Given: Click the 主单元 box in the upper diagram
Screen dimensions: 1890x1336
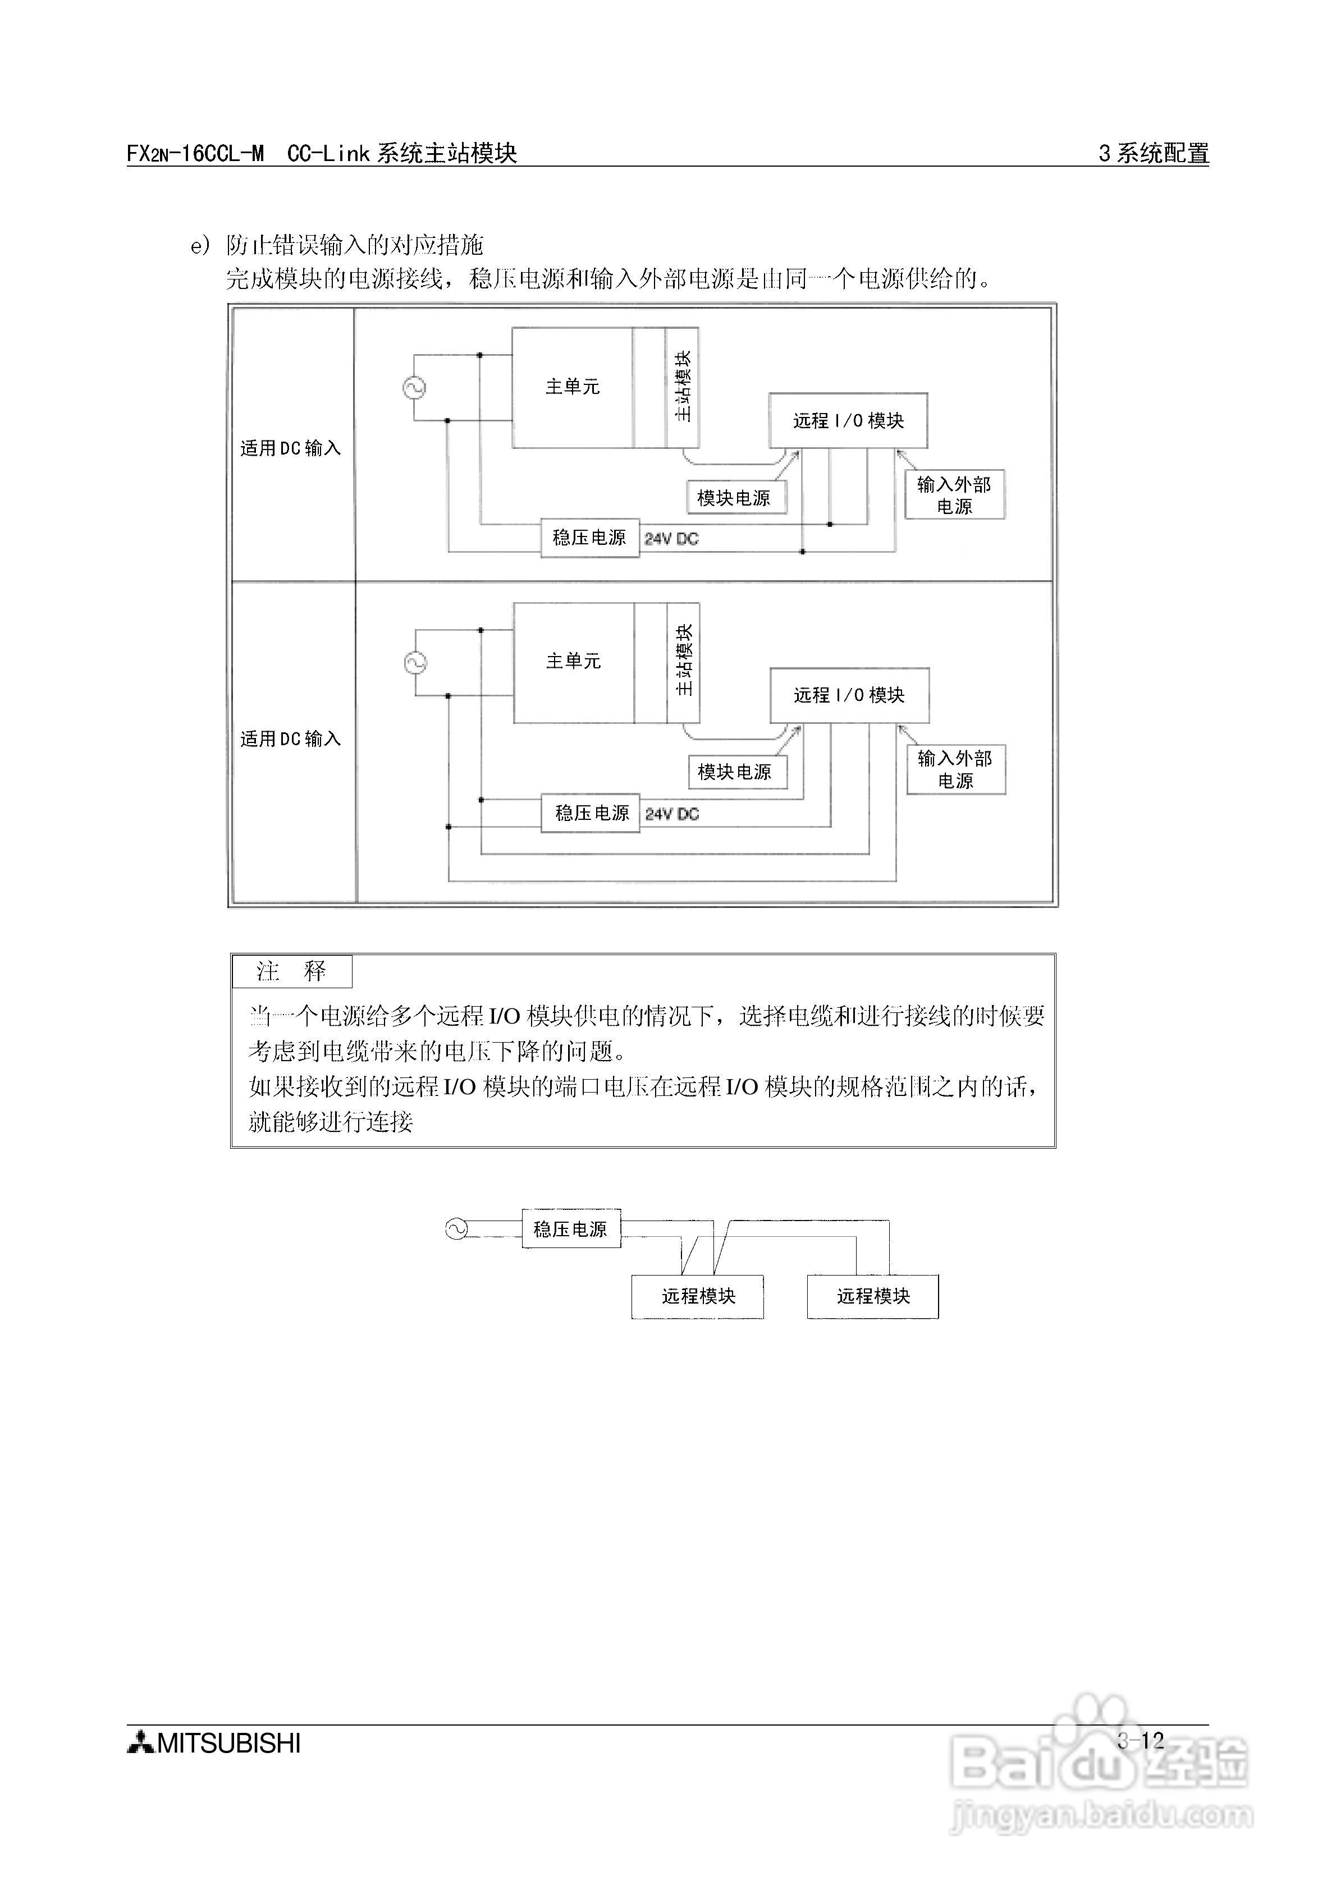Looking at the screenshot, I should click(573, 387).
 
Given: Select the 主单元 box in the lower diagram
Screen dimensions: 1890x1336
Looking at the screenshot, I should click(573, 662).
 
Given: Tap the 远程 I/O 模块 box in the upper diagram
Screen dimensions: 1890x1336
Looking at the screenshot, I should click(848, 421).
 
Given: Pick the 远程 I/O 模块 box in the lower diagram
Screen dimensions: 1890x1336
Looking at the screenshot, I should click(849, 696).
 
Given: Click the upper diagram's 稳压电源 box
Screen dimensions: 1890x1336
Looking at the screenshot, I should click(590, 538).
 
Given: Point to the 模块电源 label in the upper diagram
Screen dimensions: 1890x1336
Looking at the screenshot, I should click(734, 498).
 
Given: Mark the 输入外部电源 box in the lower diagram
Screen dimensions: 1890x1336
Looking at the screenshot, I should click(955, 770).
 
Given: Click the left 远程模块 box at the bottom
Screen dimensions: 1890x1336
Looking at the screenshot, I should click(698, 1296).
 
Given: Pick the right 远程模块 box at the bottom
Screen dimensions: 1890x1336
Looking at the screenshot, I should click(873, 1296).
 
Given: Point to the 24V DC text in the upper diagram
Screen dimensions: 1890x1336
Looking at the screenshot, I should click(671, 539).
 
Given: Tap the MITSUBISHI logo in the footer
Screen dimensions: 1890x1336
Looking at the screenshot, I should click(214, 1744).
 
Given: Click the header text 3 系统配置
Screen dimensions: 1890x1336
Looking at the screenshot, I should click(1153, 153).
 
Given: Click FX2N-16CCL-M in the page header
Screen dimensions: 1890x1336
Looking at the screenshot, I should click(195, 153).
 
